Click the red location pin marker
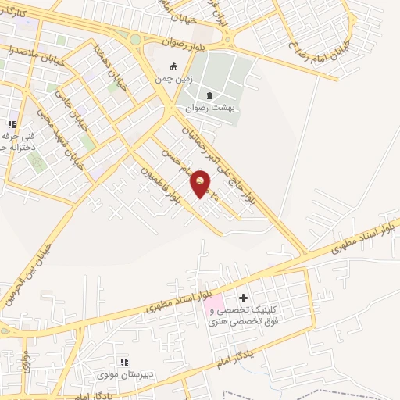tap(201, 184)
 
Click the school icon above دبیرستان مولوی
tap(123, 361)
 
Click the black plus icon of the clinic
tap(243, 298)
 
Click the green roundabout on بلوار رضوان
tap(135, 39)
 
